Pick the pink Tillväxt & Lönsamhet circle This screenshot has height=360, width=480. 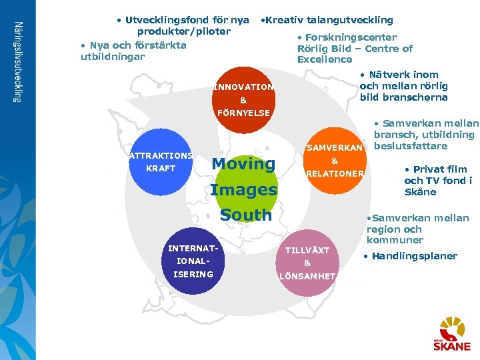307,262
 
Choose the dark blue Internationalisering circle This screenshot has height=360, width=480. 191,262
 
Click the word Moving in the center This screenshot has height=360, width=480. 243,164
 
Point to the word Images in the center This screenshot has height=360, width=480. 243,190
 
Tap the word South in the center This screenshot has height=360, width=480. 246,215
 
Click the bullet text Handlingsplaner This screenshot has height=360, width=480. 414,256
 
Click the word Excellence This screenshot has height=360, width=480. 325,59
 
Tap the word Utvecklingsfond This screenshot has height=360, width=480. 165,20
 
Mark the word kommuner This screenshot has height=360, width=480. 395,240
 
